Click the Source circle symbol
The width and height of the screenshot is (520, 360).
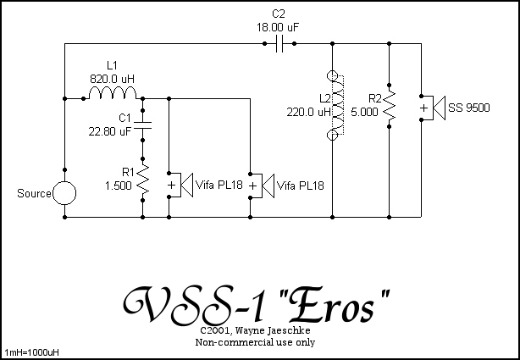(64, 194)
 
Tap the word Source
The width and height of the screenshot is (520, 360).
(34, 194)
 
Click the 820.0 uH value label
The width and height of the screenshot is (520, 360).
(112, 78)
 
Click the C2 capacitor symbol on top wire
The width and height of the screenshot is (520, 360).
(279, 45)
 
